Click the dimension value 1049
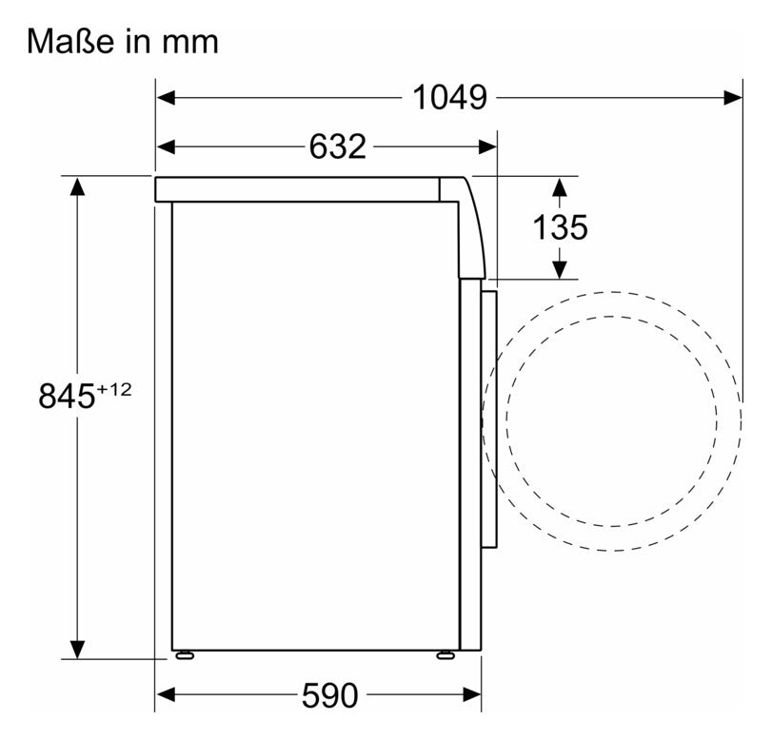[x=449, y=97]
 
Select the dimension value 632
[x=338, y=146]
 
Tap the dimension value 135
[x=561, y=227]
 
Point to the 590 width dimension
[x=329, y=695]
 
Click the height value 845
[x=67, y=396]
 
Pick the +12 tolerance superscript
[x=114, y=390]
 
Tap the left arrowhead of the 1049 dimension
[x=166, y=97]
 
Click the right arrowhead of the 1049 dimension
[x=733, y=97]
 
